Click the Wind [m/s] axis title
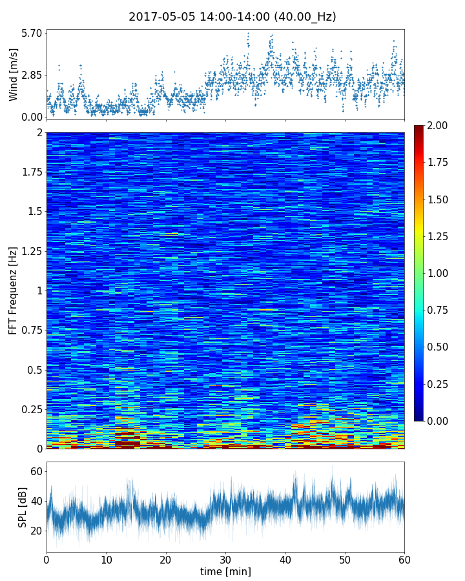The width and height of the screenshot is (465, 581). click(14, 74)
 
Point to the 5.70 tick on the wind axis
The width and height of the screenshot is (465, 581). click(31, 33)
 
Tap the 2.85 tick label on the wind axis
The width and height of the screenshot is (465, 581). click(31, 75)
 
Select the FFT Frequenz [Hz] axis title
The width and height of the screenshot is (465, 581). click(14, 290)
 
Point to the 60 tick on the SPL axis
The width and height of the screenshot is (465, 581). click(36, 471)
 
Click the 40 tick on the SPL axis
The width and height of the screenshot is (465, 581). click(36, 501)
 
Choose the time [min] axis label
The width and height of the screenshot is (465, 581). click(225, 572)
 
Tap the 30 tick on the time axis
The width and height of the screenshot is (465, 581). click(225, 559)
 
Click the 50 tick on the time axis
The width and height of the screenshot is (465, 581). click(345, 559)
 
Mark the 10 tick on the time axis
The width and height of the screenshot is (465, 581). click(106, 559)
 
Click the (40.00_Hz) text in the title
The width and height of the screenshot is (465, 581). click(302, 17)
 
